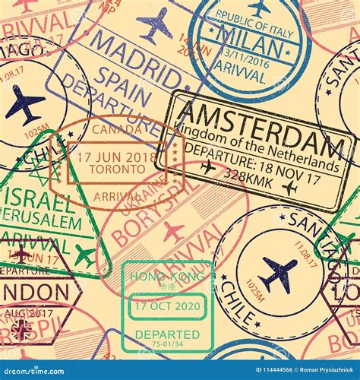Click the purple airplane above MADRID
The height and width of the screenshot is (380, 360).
156,24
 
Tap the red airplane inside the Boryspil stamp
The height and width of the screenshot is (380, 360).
174,232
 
